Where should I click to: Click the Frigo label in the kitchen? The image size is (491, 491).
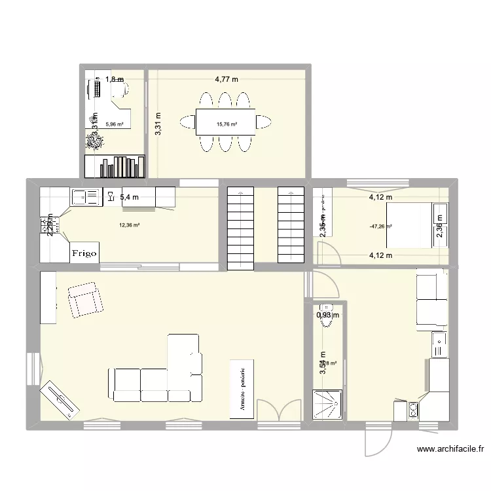click(84, 251)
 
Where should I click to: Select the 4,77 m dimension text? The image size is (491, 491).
click(227, 80)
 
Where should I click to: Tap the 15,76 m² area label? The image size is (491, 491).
click(227, 123)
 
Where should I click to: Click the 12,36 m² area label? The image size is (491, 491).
click(129, 225)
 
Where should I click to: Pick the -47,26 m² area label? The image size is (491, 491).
click(380, 227)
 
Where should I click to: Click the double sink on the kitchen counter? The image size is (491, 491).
click(86, 195)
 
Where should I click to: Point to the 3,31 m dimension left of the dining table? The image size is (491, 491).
click(158, 124)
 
